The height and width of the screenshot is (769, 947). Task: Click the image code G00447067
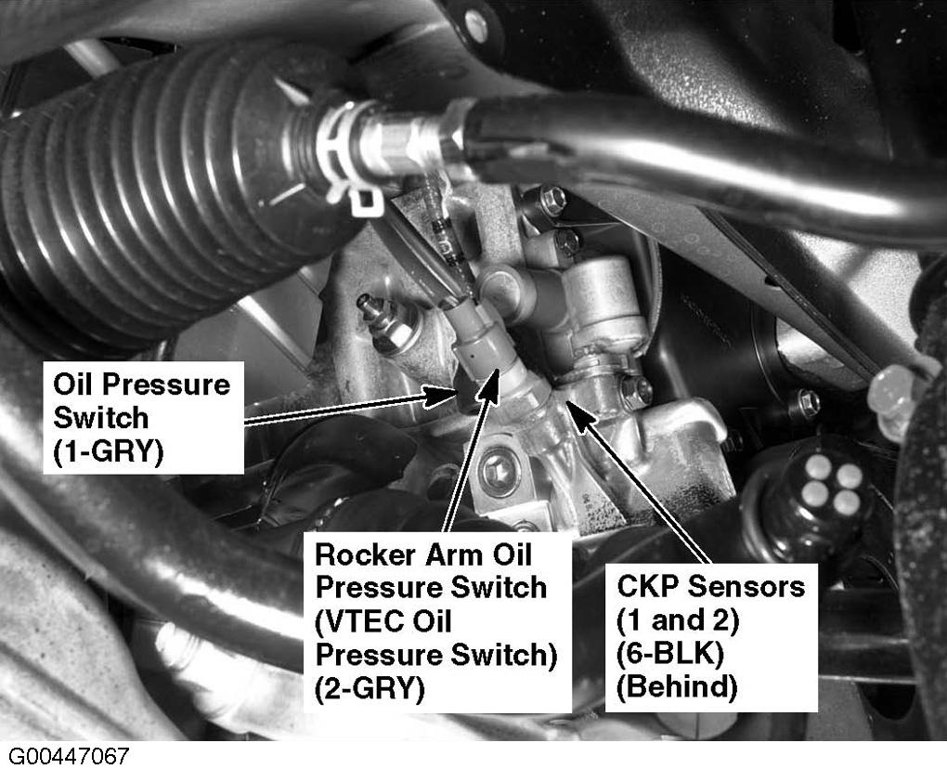[x=69, y=756]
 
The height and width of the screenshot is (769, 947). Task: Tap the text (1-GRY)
[x=109, y=452]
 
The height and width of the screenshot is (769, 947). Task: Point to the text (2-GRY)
[x=370, y=688]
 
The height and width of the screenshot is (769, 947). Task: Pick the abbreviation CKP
[x=648, y=586]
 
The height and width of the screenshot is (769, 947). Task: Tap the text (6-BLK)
[x=669, y=654]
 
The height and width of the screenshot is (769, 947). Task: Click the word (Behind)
[x=677, y=687]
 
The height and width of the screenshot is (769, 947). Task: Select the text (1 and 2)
[x=678, y=620]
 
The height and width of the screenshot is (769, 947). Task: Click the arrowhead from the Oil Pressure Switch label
[x=443, y=396]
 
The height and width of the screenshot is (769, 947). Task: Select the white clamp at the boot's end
[x=347, y=157]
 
